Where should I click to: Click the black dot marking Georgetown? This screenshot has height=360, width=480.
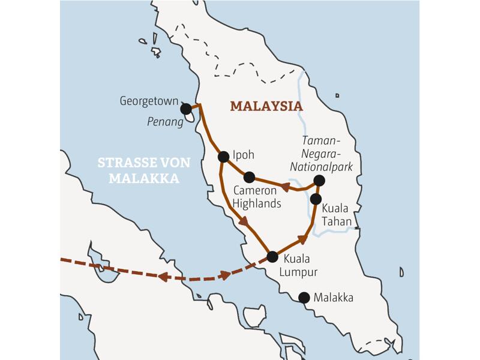point(186,109)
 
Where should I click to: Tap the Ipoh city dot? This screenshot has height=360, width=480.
point(223,157)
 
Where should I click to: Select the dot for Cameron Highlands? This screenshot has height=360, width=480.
point(249,177)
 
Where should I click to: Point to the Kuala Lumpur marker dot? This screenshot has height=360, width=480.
point(272,257)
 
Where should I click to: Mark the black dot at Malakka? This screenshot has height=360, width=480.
point(304,297)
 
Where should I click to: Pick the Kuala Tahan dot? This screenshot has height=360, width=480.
point(316,199)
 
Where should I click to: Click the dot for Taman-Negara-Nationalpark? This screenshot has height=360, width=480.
point(319,180)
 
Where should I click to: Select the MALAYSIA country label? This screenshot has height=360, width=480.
point(266,106)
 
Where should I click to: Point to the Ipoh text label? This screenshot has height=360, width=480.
point(243,155)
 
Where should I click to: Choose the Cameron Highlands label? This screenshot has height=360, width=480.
point(257,197)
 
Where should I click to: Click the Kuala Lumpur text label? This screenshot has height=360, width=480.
point(298,266)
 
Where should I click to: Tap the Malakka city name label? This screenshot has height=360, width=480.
point(334,298)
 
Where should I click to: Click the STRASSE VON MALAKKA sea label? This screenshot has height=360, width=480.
point(144,170)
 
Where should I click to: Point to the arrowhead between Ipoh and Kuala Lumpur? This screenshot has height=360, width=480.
point(244,221)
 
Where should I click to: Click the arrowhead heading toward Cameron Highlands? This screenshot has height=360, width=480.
point(285,187)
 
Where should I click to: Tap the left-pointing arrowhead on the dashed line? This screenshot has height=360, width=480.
point(162,277)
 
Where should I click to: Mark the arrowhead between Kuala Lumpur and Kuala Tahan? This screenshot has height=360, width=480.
point(302,239)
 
